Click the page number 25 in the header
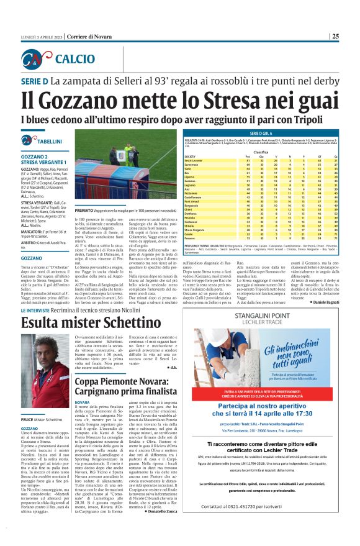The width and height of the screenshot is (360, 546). pos(352,36)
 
